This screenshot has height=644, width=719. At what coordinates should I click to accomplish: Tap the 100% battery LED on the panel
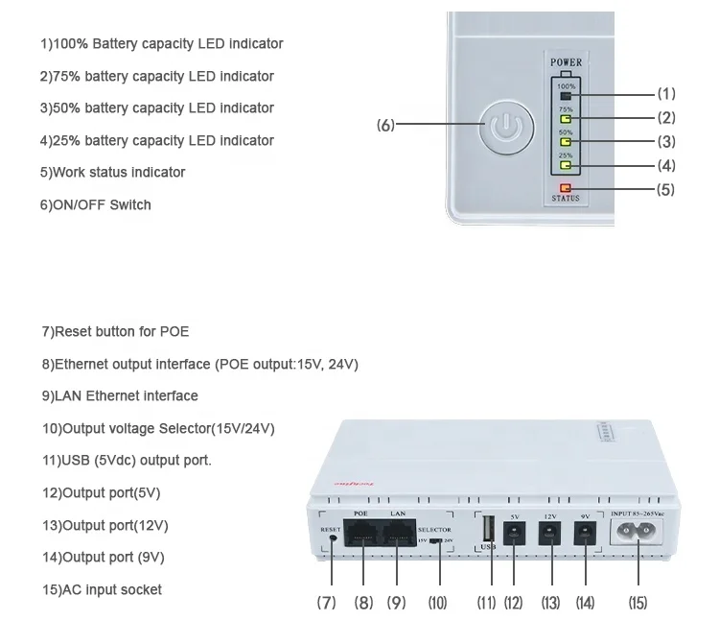566,96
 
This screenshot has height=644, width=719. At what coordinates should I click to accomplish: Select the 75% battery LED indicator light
566,119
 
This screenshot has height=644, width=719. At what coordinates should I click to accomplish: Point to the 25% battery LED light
566,165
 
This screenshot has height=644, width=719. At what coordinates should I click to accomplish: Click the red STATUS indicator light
565,188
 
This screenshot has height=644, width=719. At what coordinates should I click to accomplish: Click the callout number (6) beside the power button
385,125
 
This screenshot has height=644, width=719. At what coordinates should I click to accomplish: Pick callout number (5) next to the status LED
665,190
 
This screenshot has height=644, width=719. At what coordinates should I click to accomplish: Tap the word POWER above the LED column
566,63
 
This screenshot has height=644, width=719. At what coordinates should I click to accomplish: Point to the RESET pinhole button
333,537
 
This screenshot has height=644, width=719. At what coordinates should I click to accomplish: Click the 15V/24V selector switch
437,539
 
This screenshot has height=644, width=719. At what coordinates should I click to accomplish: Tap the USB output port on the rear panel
488,530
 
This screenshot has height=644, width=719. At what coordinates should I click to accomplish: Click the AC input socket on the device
638,540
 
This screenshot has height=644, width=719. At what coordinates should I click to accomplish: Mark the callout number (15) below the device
638,603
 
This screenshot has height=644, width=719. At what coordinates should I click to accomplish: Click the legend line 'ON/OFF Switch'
95,204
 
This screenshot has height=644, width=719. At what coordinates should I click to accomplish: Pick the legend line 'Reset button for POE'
115,331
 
